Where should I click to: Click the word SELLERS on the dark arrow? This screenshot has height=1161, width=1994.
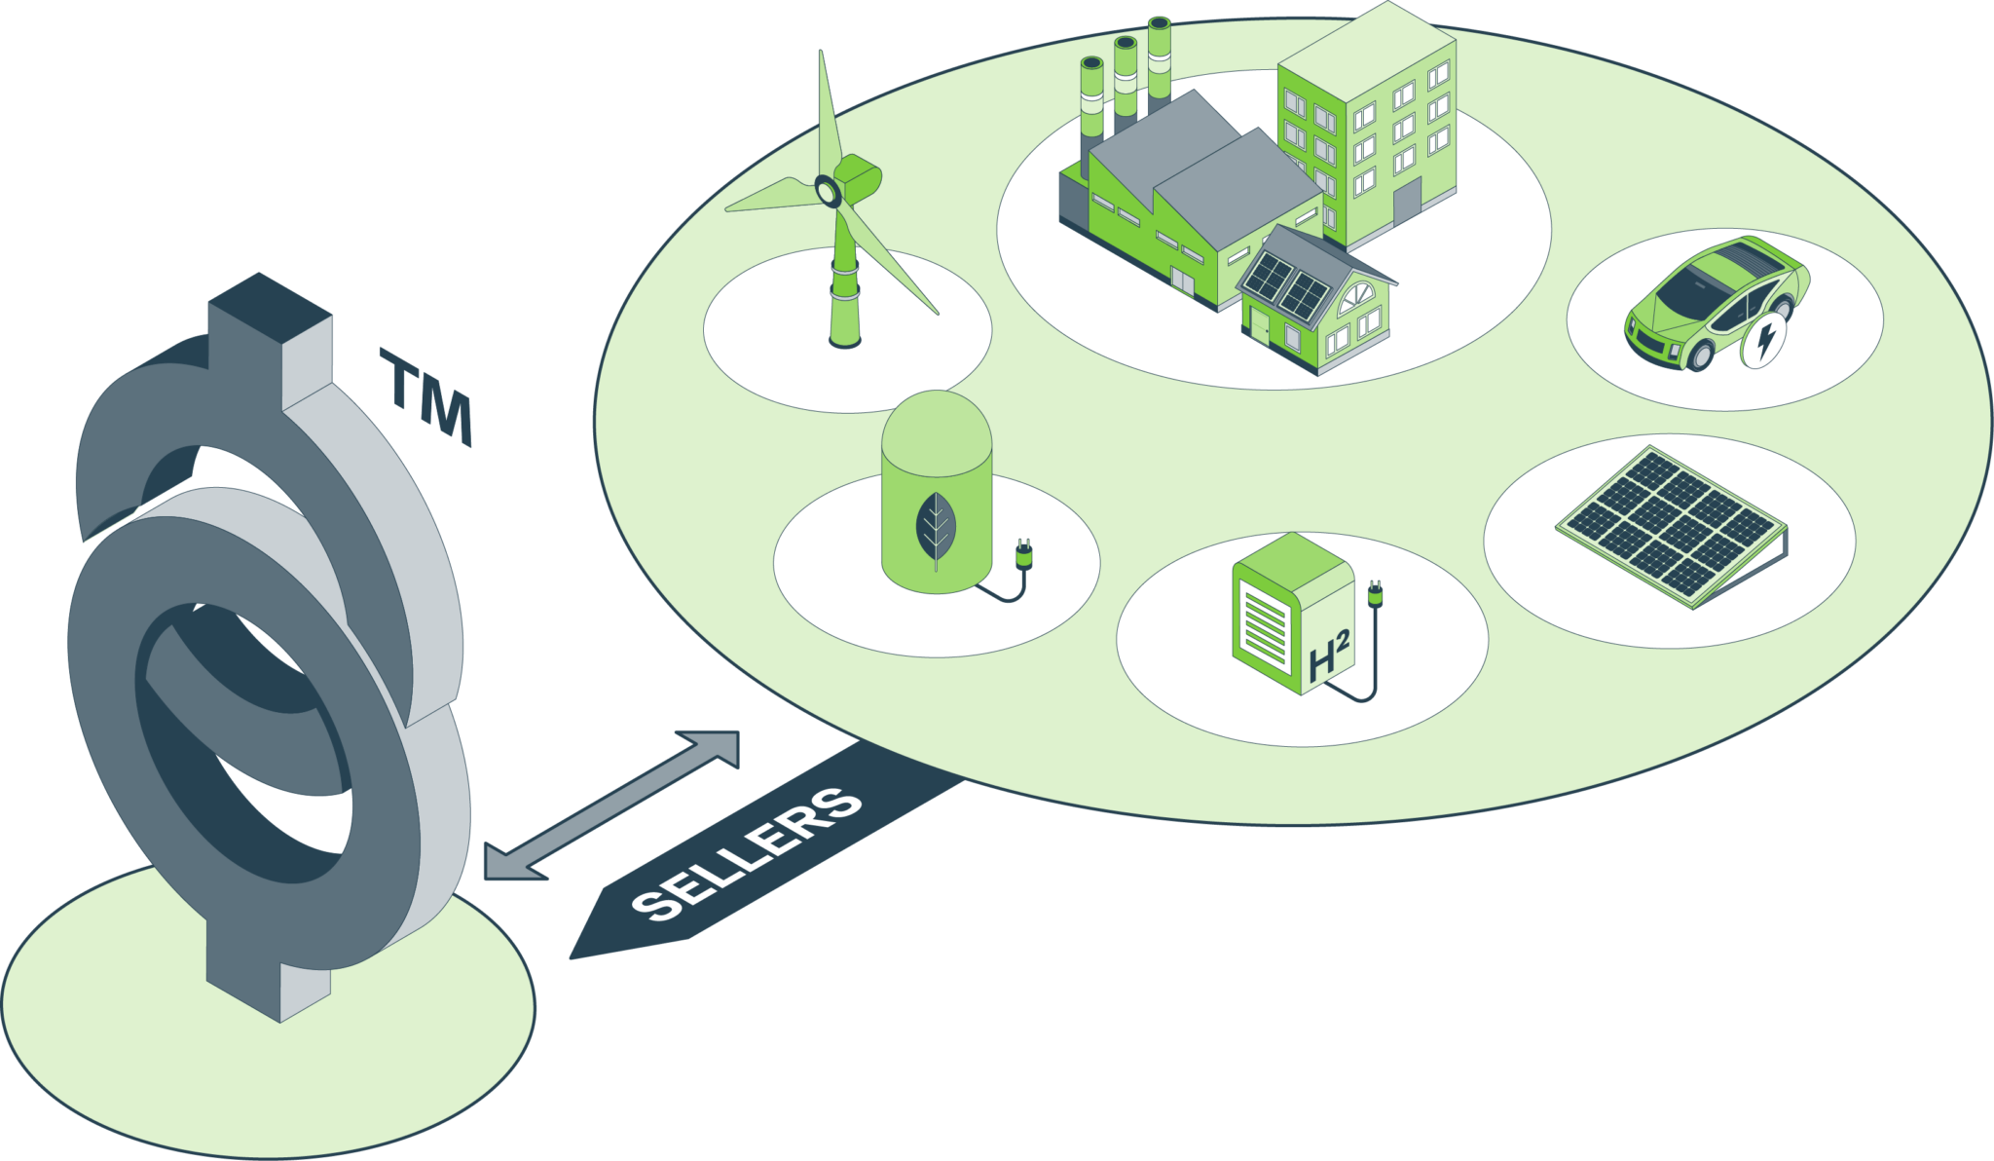747,854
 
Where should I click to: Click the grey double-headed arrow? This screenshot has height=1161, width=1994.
611,805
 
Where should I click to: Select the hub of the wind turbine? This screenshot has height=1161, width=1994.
828,191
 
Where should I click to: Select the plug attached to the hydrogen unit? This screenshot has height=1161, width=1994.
1375,593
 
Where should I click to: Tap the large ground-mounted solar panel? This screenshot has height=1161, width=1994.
1672,526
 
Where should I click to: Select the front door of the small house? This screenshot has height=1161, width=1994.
1260,326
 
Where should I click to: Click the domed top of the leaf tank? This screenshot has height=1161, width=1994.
937,429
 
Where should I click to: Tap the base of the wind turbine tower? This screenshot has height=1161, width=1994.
844,340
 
